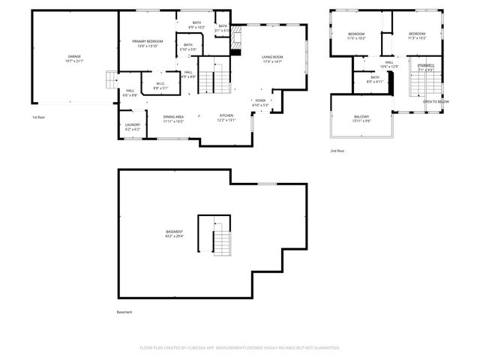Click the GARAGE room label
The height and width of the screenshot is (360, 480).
[73, 56]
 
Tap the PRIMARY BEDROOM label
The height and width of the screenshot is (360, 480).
[148, 41]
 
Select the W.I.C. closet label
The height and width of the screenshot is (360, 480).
[160, 83]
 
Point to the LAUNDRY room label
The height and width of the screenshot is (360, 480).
[133, 126]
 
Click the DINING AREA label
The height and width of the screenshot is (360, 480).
[174, 115]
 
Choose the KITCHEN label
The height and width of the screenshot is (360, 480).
[226, 115]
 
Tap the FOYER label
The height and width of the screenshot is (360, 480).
[260, 100]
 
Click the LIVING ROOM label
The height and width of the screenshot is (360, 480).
[272, 56]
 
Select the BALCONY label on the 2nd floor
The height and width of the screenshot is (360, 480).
[361, 116]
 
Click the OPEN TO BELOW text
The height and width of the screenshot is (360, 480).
[436, 101]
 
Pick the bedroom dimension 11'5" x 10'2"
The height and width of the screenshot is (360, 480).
[356, 38]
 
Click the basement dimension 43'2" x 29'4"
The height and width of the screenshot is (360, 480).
[174, 236]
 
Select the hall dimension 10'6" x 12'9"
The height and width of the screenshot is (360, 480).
[389, 67]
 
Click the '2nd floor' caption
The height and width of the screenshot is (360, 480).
[337, 151]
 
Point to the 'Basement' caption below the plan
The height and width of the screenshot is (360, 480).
[124, 311]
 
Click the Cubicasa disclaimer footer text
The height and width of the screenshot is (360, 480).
[240, 347]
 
